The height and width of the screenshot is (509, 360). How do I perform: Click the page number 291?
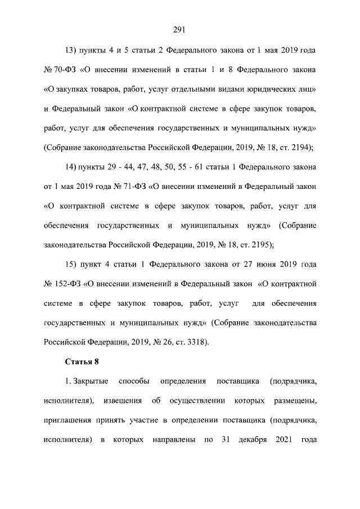coord(179,30)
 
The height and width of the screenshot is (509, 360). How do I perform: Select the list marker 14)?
coord(73,167)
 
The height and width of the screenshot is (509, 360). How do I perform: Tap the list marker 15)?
coord(73,264)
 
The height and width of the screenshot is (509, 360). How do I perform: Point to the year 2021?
coord(286,439)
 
